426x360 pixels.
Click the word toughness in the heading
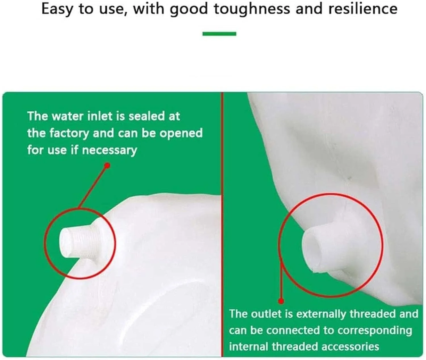pos(251,10)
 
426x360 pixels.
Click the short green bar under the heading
pos(219,34)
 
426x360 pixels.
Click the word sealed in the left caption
pos(147,116)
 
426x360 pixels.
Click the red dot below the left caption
pos(107,165)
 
